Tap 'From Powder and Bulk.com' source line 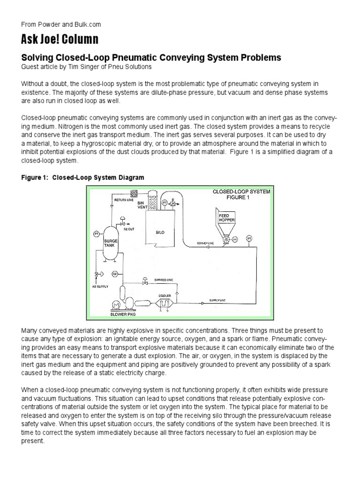(61, 24)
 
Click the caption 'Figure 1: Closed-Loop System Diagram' (82, 178)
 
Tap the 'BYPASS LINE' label (164, 280)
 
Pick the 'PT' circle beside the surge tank (97, 233)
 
